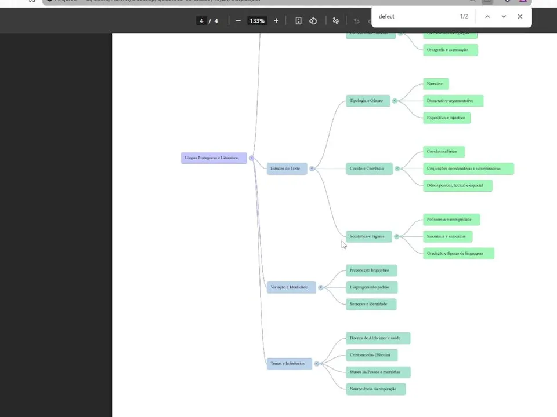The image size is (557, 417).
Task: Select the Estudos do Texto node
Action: (287, 169)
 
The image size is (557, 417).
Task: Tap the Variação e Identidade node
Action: (291, 287)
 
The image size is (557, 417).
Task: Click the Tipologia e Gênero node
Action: (367, 101)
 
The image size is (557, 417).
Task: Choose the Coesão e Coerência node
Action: (368, 169)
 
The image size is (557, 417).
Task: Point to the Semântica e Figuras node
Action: (368, 236)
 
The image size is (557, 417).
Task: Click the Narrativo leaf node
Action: (435, 84)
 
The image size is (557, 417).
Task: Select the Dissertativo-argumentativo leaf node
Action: (453, 101)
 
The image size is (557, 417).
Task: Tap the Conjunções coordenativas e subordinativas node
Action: (468, 169)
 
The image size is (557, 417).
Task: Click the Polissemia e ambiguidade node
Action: (451, 220)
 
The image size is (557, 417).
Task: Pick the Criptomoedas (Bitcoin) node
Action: (371, 355)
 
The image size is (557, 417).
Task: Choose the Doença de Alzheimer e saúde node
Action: (377, 338)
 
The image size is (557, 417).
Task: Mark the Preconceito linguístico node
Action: (371, 270)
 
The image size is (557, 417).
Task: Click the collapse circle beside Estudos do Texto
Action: (312, 169)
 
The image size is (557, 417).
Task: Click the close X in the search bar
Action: (520, 17)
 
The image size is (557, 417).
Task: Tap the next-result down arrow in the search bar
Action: (504, 17)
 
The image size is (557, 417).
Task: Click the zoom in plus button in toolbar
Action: (276, 21)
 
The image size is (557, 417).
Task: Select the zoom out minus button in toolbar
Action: (238, 21)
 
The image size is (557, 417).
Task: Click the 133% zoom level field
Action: (257, 21)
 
